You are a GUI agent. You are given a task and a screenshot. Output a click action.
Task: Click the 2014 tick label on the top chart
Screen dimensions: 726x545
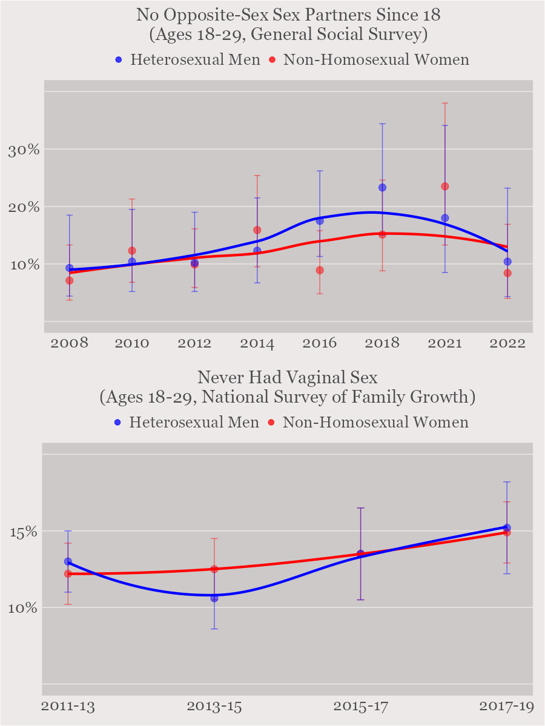click(x=257, y=343)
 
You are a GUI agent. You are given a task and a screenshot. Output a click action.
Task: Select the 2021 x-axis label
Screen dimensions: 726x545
click(x=445, y=343)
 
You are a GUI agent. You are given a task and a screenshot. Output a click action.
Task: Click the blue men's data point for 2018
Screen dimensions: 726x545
click(x=382, y=187)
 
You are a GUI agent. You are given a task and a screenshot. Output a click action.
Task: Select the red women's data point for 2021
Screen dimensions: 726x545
click(x=445, y=186)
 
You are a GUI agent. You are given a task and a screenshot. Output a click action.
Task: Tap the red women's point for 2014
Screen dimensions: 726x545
click(x=257, y=230)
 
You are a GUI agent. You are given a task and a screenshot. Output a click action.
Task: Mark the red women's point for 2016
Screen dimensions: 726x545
click(x=320, y=270)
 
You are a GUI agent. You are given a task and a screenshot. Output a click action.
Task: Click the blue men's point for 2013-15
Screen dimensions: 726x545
click(x=214, y=598)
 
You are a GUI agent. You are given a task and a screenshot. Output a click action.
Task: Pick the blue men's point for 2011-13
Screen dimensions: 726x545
click(x=68, y=561)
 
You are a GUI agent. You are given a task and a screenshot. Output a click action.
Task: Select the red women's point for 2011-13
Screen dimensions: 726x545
click(x=68, y=573)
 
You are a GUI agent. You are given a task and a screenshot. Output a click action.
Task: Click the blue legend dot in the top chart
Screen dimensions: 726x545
click(x=119, y=60)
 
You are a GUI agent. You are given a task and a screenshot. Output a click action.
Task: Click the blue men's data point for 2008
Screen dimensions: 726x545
click(x=69, y=268)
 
